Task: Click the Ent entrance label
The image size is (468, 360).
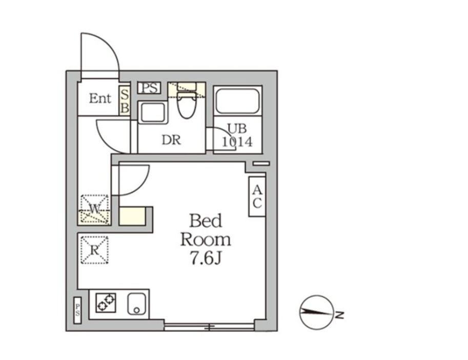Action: pos(100,98)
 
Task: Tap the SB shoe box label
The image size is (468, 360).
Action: pos(125,101)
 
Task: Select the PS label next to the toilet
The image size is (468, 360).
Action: pos(149,88)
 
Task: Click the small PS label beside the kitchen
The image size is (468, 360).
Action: pos(77,310)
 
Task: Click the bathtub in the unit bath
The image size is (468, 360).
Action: pos(237,101)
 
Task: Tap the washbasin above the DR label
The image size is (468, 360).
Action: pos(153,112)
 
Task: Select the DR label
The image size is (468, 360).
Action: pos(171,139)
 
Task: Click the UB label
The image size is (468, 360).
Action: pos(237,128)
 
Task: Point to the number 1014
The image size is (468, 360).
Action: pos(237,142)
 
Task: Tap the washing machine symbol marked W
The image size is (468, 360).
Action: pos(95,209)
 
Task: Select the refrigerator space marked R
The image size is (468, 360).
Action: pos(94,250)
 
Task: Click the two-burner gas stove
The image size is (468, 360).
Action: pos(106,303)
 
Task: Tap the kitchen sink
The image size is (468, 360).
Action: pos(137,304)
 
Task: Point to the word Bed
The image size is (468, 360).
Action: pos(206,221)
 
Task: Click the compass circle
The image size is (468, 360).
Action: pos(316,312)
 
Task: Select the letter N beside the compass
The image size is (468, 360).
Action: pos(339,315)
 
